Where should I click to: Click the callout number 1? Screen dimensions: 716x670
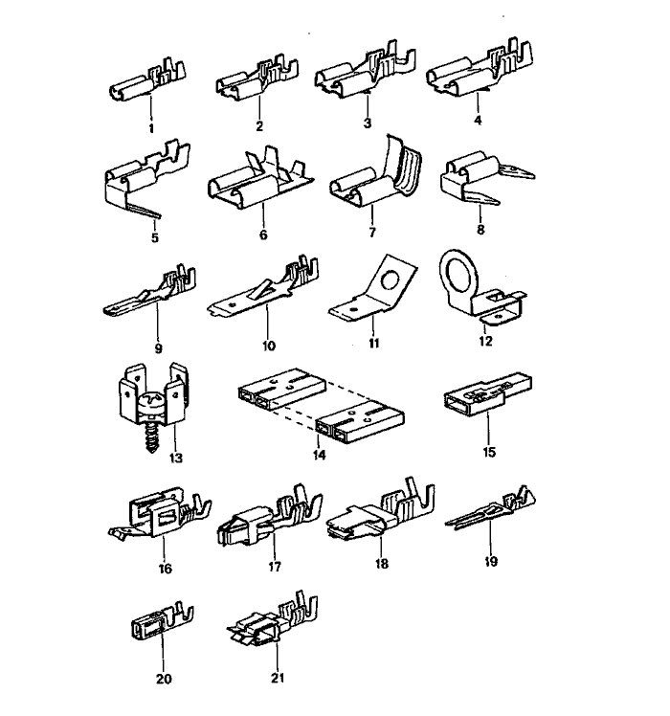pyautogui.click(x=150, y=127)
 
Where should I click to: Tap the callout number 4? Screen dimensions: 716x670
pyautogui.click(x=476, y=122)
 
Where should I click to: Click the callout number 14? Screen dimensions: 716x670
pyautogui.click(x=319, y=455)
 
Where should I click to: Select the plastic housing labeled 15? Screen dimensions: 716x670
pyautogui.click(x=483, y=407)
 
